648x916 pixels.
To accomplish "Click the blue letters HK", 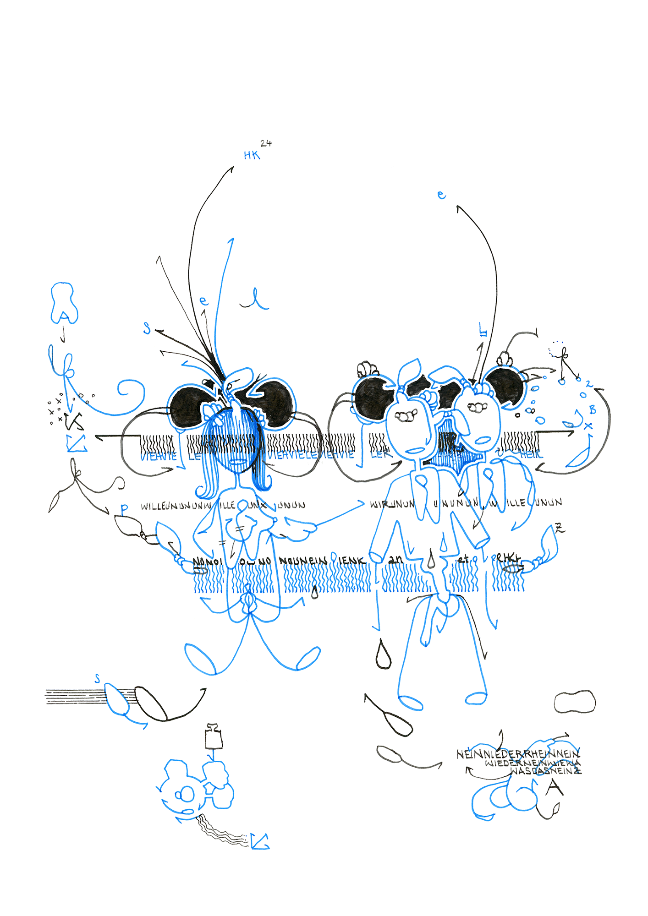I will click(x=252, y=155).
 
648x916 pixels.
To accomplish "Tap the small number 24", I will click(x=266, y=143).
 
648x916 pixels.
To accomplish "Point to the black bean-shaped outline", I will click(x=575, y=702).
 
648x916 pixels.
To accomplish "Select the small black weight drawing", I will click(x=214, y=736).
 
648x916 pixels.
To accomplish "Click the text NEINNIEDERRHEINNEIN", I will click(x=518, y=754).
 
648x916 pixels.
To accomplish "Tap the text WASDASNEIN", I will click(x=545, y=771).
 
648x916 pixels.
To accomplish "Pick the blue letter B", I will click(x=592, y=410).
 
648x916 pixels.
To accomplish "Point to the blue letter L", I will click(x=482, y=329).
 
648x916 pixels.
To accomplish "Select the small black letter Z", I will click(x=559, y=528).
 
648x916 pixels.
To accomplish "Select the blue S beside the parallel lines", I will click(x=97, y=678).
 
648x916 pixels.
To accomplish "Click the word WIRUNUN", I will click(x=392, y=504).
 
